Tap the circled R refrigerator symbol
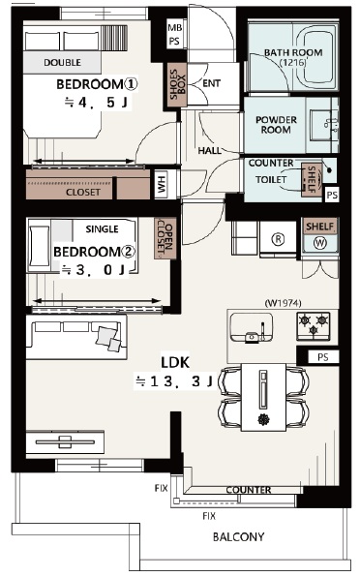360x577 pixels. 278,239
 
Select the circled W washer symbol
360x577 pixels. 320,243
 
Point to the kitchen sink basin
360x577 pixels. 252,327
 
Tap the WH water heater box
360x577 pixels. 161,184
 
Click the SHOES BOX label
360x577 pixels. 178,84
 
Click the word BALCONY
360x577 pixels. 239,537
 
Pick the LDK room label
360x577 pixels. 175,362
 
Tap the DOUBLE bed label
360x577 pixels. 62,63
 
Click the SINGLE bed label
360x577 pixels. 102,229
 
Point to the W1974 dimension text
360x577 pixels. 283,303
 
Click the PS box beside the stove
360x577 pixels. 322,357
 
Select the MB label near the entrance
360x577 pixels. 174,28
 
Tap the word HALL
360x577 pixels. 209,150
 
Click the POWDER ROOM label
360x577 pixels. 276,125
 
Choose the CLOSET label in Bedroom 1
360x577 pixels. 83,192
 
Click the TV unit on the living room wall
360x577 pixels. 65,442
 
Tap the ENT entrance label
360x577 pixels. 211,83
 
